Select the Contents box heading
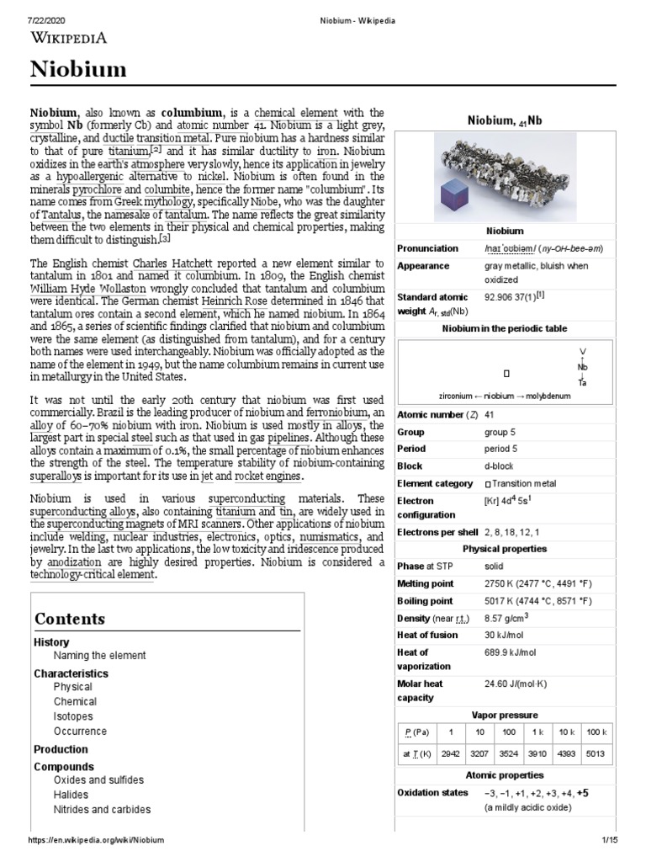[70, 619]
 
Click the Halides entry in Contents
[71, 795]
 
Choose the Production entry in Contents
[61, 749]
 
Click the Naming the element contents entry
[99, 655]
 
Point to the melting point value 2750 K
[501, 583]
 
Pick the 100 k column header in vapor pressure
[596, 732]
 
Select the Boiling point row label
[425, 601]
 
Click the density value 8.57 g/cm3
[512, 618]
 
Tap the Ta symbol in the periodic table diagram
[582, 383]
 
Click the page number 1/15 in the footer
[610, 841]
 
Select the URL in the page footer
[96, 841]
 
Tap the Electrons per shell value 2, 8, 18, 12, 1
[512, 531]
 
